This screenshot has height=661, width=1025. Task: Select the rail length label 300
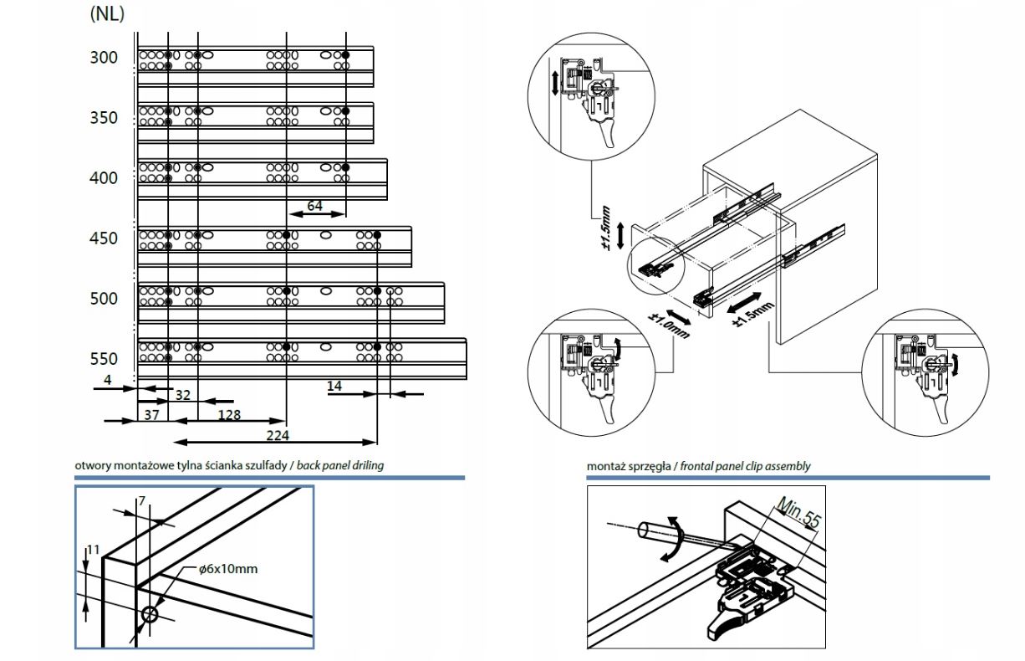pos(105,58)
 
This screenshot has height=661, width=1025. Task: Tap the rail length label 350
pos(105,118)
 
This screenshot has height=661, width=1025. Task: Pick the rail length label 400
pos(105,178)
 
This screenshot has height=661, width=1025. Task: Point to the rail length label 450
pos(105,238)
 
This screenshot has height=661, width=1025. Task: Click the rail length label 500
pos(105,299)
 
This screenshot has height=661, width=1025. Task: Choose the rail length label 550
pos(105,359)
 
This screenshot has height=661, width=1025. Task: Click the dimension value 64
pos(314,205)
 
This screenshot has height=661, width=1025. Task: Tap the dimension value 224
pos(278,434)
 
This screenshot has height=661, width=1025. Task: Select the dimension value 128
pos(230,414)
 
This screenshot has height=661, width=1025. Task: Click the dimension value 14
pos(334,386)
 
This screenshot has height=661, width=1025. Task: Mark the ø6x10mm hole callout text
pos(228,569)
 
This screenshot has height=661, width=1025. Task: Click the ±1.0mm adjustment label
pos(669,324)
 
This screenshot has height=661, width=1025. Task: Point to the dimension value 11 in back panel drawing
pos(94,550)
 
